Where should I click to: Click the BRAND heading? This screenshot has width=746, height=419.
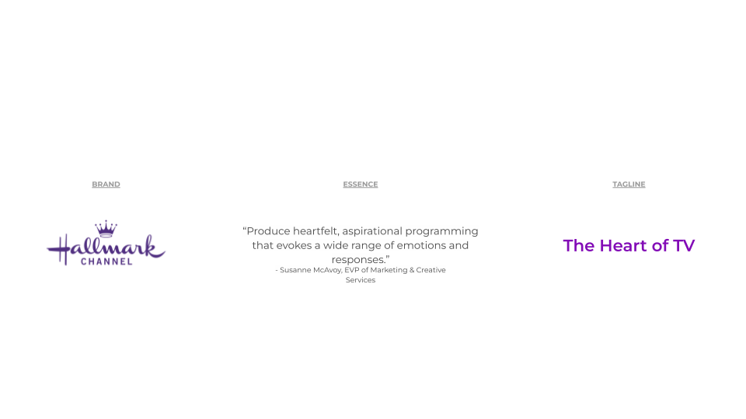106,185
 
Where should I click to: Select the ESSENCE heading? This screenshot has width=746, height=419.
361,185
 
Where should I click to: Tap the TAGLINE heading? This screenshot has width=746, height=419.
629,185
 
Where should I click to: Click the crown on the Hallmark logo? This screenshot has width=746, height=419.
106,228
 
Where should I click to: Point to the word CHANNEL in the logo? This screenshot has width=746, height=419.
106,261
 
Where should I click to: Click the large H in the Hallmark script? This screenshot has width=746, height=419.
60,249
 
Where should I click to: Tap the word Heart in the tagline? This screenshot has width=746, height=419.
623,246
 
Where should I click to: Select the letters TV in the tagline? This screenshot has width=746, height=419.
684,246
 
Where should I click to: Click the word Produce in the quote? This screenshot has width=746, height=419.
268,231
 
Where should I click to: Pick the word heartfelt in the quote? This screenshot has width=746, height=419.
316,231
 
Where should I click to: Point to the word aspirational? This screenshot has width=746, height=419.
372,232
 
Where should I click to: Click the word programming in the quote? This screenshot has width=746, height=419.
441,232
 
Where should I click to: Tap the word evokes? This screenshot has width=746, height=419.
294,246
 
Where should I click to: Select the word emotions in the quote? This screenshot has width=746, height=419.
420,246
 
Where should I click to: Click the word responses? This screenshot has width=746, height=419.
358,260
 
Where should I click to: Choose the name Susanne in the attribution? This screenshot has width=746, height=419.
295,270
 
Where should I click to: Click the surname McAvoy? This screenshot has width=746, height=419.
328,270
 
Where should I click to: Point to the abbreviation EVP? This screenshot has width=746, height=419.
352,270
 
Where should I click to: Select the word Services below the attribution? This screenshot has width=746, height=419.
361,280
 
